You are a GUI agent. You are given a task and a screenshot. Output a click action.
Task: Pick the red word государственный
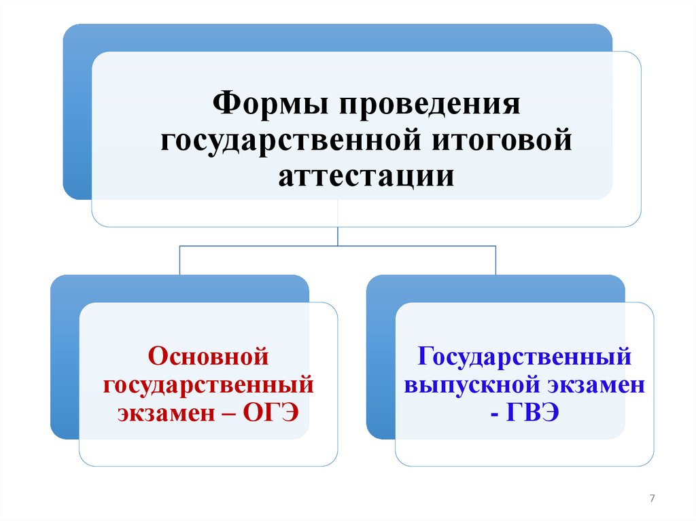coord(208,384)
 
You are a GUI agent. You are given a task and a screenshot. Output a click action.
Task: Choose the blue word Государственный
coord(525,356)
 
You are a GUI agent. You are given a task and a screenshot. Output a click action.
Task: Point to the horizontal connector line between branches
coord(338,246)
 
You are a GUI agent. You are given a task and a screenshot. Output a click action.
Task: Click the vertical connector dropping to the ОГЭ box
coord(179,259)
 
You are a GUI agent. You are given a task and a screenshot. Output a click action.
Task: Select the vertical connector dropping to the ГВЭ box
coord(495,259)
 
